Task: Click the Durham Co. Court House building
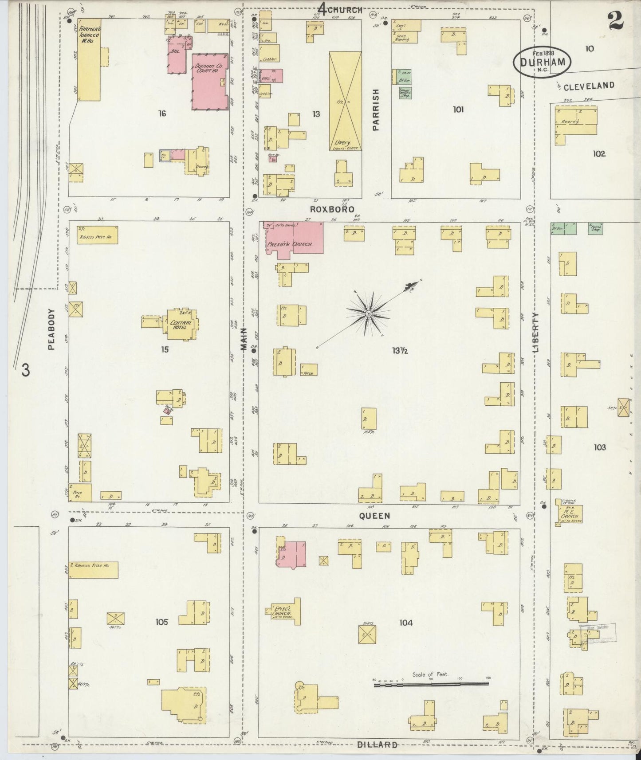pyautogui.click(x=208, y=82)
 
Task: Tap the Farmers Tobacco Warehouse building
pyautogui.click(x=89, y=60)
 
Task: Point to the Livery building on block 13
pyautogui.click(x=345, y=101)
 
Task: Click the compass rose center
pyautogui.click(x=368, y=314)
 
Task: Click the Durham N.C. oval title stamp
pyautogui.click(x=543, y=63)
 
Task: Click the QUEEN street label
pyautogui.click(x=374, y=516)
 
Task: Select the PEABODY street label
pyautogui.click(x=51, y=329)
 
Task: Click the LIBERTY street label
pyautogui.click(x=535, y=332)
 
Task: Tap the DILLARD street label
pyautogui.click(x=377, y=744)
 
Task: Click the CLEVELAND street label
pyautogui.click(x=589, y=86)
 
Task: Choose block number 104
pyautogui.click(x=405, y=623)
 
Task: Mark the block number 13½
pyautogui.click(x=399, y=351)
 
